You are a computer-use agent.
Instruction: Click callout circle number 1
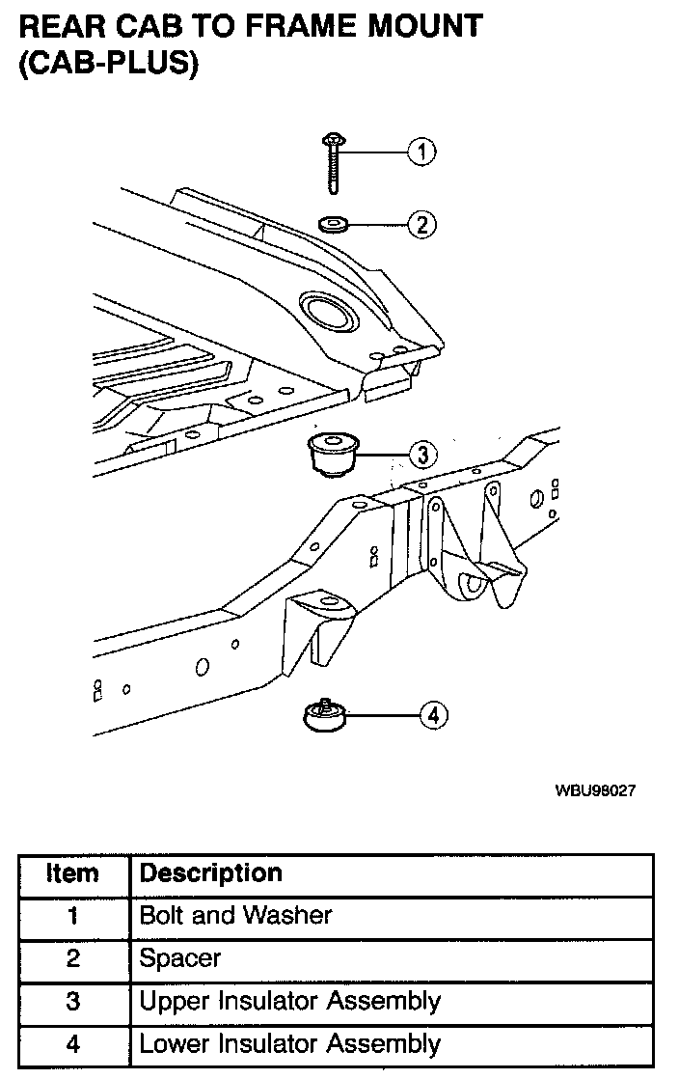click(421, 152)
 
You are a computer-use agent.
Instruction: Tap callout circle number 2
click(421, 225)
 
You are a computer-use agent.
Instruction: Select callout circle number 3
click(421, 454)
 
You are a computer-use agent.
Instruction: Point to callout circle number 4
click(433, 715)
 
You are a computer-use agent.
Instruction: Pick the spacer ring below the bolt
click(333, 225)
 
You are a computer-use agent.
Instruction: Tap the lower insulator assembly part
click(325, 718)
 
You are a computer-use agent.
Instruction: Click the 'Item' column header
click(73, 874)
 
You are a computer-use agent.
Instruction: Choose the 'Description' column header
click(210, 873)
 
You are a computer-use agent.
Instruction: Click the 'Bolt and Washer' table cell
click(235, 916)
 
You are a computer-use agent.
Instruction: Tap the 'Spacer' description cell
click(180, 958)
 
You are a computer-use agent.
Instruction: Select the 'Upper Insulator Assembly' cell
click(289, 1001)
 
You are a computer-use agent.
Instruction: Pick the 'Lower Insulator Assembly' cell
click(289, 1043)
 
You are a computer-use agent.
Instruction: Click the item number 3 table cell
click(73, 1001)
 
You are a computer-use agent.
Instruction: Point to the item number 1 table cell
click(73, 916)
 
